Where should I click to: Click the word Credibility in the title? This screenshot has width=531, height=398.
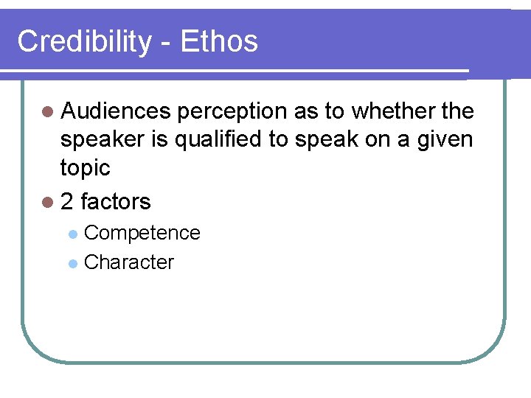click(x=83, y=42)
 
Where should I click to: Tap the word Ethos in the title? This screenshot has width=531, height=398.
click(x=219, y=41)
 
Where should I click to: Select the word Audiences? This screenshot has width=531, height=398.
click(x=116, y=111)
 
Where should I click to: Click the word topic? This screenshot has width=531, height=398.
click(x=85, y=168)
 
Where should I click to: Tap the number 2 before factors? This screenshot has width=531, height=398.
click(x=67, y=201)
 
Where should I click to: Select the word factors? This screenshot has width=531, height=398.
click(x=116, y=201)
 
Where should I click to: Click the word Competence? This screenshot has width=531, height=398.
click(x=142, y=233)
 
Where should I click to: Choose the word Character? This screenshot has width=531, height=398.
click(x=129, y=262)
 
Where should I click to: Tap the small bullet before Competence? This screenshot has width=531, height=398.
click(x=72, y=234)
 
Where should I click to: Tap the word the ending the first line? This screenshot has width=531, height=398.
click(x=457, y=111)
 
